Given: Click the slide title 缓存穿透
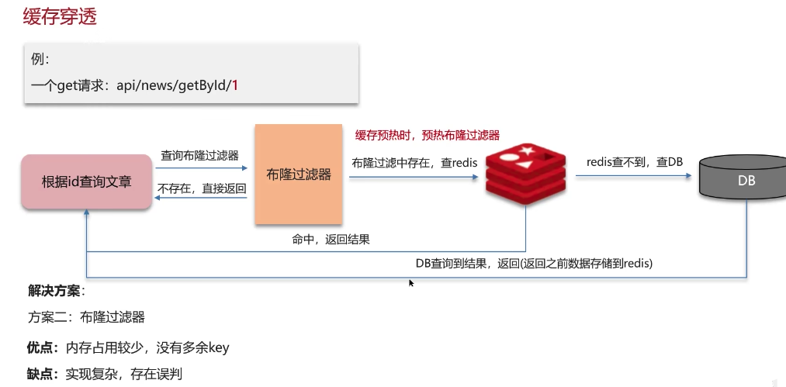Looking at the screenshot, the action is click(60, 18).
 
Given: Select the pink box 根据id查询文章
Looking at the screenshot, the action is click(86, 182).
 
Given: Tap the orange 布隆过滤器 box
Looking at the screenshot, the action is click(299, 174).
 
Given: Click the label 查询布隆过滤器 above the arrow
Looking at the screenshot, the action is click(199, 156).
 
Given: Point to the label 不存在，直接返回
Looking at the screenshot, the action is click(202, 188).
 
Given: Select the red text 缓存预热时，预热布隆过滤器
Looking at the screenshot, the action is click(428, 135).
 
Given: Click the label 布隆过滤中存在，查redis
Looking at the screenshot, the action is click(414, 163).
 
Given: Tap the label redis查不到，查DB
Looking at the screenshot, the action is click(635, 162).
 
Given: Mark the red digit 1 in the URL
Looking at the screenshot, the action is click(234, 85).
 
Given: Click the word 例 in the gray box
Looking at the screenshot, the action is click(39, 59).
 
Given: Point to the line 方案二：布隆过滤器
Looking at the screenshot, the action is click(86, 316).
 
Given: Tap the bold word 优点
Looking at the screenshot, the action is click(43, 347).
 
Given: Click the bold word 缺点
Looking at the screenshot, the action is click(43, 373).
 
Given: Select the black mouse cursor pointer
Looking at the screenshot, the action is click(411, 283).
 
